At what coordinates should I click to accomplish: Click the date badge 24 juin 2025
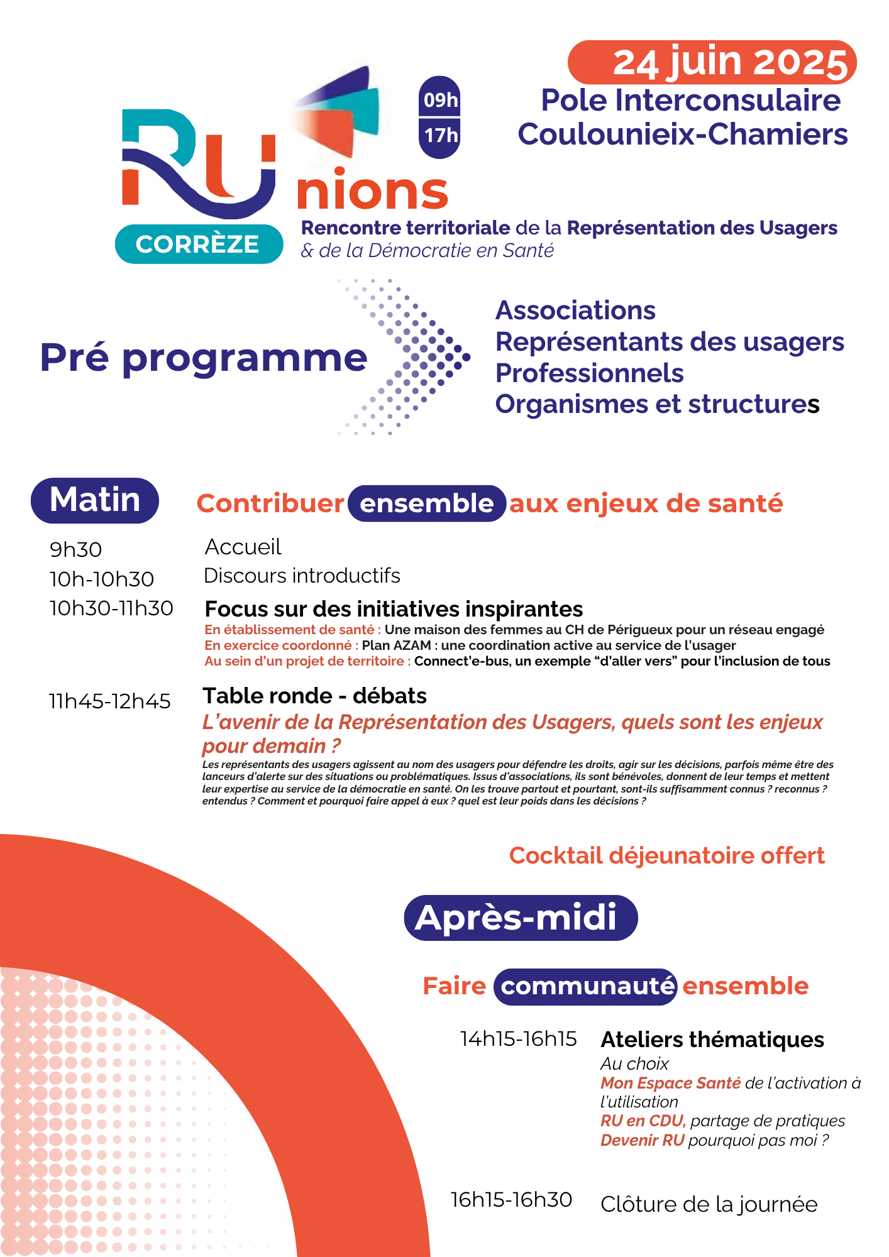tap(712, 62)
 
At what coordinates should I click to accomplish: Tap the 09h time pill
tap(440, 99)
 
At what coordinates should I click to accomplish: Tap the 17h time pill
tap(440, 135)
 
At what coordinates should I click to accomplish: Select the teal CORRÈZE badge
tap(199, 244)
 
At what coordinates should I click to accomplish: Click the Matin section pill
tap(95, 500)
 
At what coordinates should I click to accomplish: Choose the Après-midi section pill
tap(520, 918)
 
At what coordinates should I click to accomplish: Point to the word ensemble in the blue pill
tap(427, 503)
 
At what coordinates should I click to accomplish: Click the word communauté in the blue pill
tap(586, 986)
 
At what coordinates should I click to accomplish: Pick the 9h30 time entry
tap(75, 550)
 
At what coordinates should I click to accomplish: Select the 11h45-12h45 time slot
tap(110, 701)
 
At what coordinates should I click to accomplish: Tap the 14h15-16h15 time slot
tap(518, 1039)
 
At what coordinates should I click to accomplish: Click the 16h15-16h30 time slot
tap(511, 1200)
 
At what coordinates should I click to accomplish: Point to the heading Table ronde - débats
tap(314, 696)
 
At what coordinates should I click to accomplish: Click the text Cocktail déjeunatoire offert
tap(666, 855)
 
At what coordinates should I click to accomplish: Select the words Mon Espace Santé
tap(670, 1083)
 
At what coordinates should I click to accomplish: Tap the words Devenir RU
tap(642, 1140)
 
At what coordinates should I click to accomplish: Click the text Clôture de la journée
tap(709, 1204)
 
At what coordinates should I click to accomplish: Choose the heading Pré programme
tap(203, 358)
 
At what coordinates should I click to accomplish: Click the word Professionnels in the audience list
tap(589, 373)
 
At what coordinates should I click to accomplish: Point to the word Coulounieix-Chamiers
tap(683, 134)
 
